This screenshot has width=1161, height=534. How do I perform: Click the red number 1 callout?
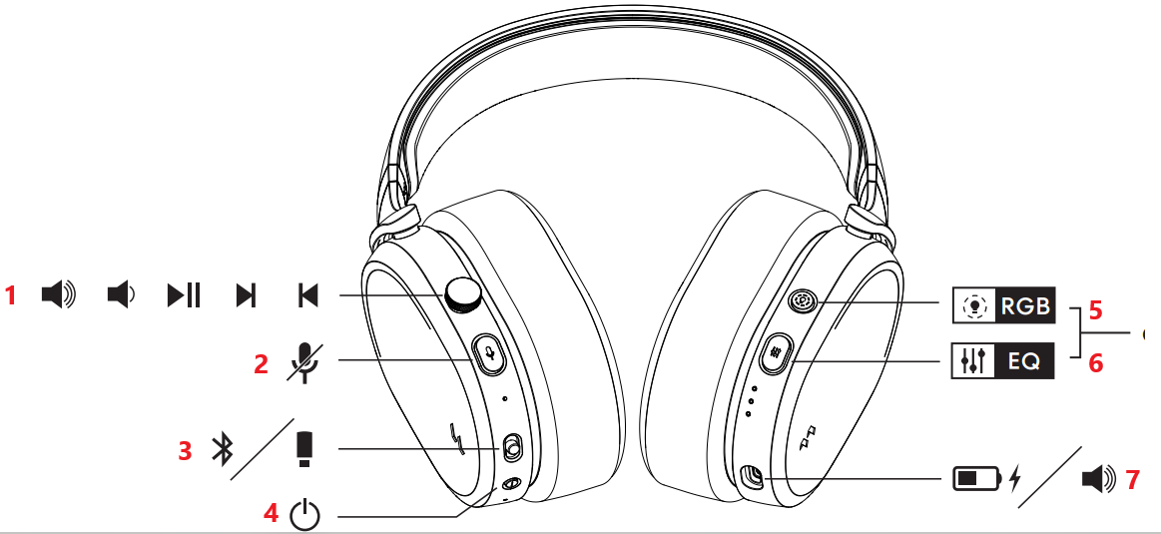point(12,295)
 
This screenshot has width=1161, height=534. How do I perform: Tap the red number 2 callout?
point(262,364)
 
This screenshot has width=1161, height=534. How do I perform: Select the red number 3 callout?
point(185,450)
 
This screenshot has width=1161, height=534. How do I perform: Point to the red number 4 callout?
point(271,514)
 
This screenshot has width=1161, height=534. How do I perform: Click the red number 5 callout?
point(1095,309)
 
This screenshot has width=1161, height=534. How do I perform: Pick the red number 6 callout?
point(1095,364)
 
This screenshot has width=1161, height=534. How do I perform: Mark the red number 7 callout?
point(1132,480)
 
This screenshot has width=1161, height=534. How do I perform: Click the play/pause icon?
point(184,295)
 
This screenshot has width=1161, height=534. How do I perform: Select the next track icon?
point(246,295)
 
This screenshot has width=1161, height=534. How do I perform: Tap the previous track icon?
point(307,295)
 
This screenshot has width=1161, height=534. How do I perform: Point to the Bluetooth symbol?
point(222,450)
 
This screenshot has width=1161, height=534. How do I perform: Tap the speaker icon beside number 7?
point(1098,480)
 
